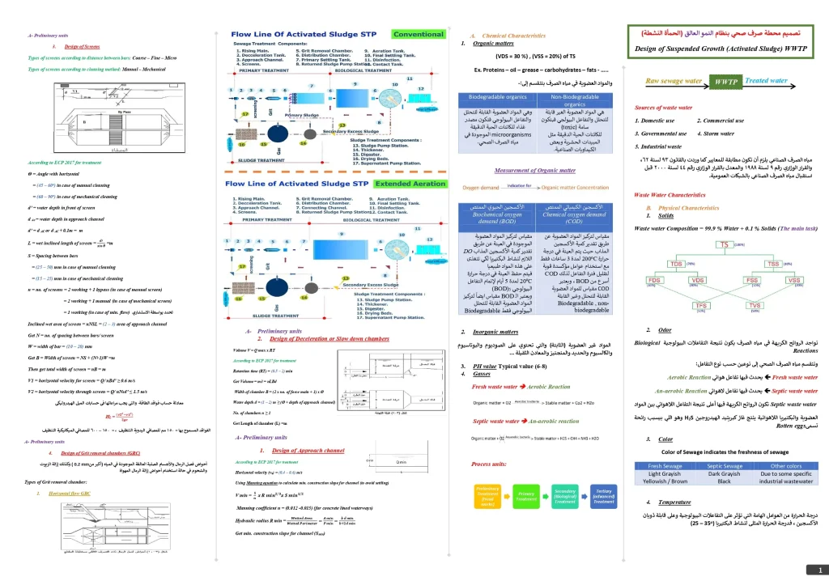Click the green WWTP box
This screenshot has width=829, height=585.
(723, 83)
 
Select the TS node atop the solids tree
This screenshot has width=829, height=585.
(723, 244)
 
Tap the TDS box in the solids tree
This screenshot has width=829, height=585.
(677, 264)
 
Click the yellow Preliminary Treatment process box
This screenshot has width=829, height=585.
(488, 494)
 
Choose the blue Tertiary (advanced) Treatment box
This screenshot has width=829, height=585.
(603, 494)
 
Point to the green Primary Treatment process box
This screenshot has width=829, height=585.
(527, 494)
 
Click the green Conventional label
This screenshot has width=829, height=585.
(418, 34)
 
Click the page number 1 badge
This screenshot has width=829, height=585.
(819, 569)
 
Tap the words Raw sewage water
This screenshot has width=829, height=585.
(673, 81)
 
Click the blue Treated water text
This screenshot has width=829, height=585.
(766, 81)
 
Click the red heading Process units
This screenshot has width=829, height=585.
(488, 464)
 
